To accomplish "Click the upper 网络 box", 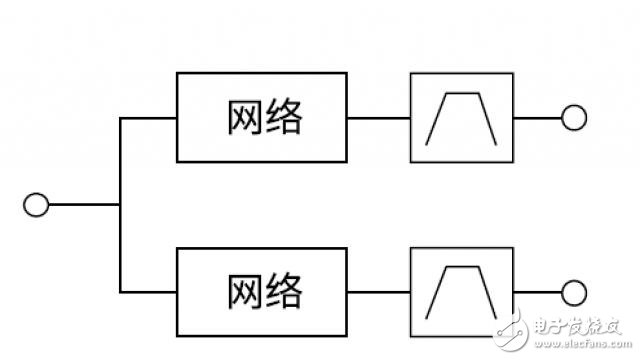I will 263,118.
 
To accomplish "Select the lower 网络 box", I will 263,292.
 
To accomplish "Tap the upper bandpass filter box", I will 462,119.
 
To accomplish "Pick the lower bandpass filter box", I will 462,292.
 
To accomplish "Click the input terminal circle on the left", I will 36,205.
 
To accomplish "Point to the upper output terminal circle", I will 573,119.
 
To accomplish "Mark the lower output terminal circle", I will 573,292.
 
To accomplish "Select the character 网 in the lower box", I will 239,292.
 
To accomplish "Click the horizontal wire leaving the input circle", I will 84,205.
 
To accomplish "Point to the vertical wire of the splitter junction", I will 120,160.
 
